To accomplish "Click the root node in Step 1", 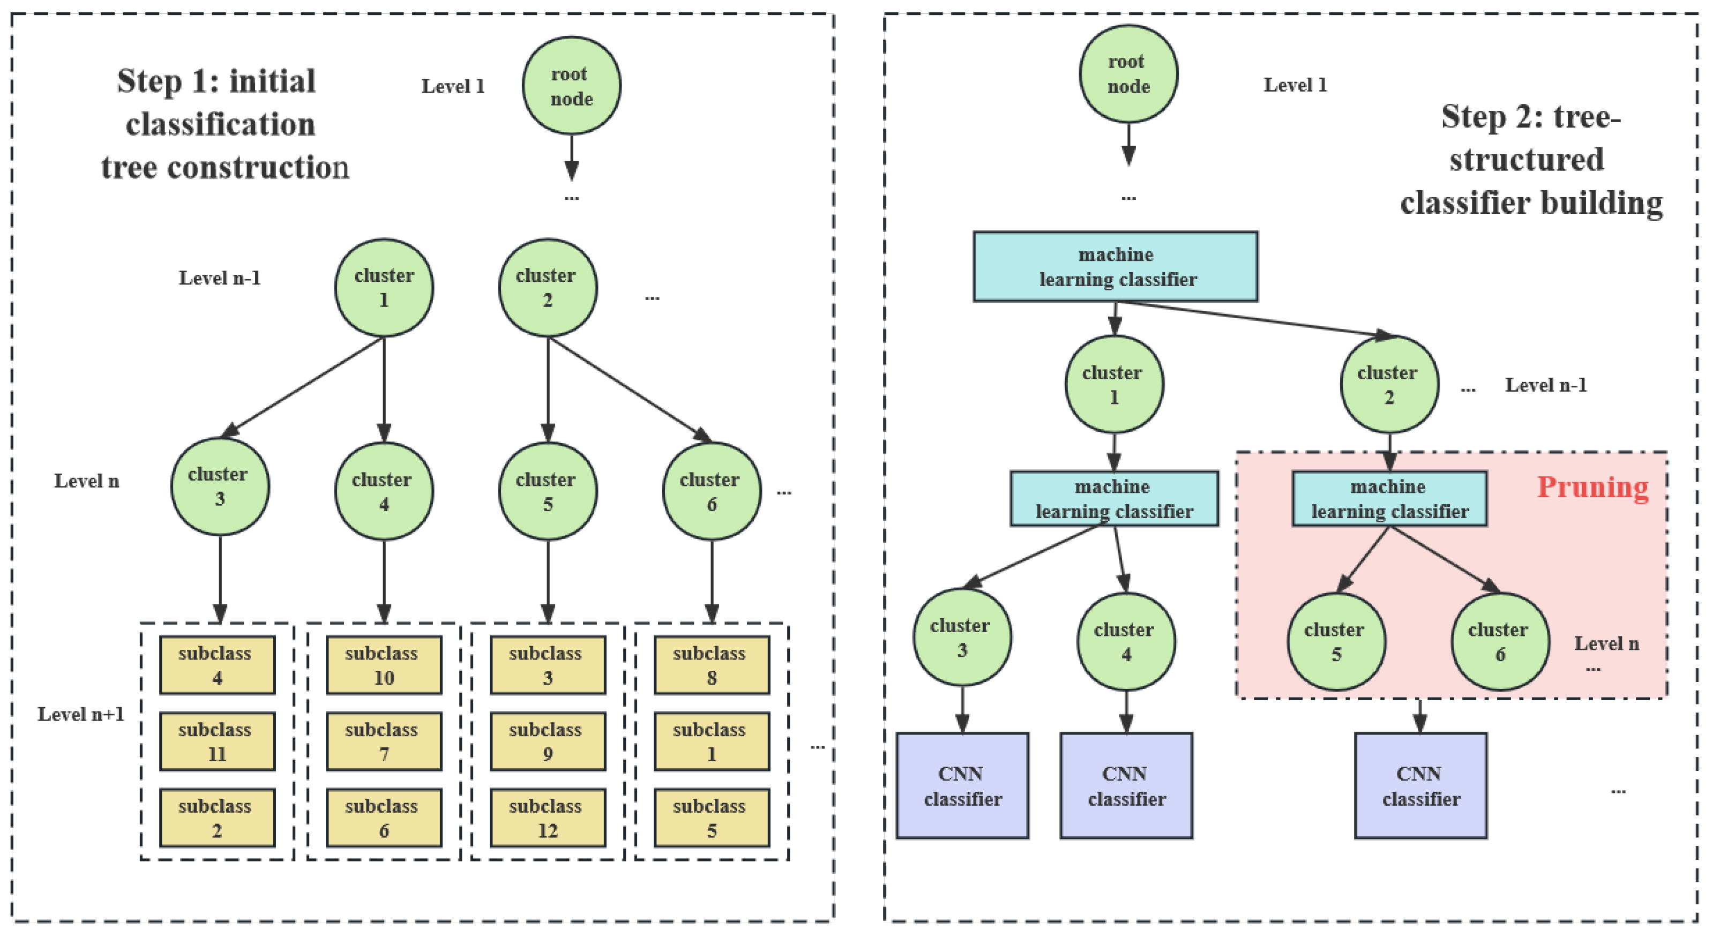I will point(571,86).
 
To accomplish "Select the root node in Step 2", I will point(1128,74).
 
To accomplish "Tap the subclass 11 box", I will point(217,741).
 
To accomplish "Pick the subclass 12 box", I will point(547,818).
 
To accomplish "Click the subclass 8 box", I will point(711,665).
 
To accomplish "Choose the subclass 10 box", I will point(383,665).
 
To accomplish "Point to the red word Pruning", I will point(1592,488).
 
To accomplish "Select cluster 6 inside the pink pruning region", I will point(1500,642).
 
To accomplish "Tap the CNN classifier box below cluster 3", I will point(962,785).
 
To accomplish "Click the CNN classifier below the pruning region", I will point(1420,785).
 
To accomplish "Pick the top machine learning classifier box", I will point(1115,267).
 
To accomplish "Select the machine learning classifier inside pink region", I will point(1389,499).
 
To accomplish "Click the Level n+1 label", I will point(80,714).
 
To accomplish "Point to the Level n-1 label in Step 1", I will point(220,278).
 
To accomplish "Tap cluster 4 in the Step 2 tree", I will point(1125,642).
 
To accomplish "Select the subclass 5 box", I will point(711,818).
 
